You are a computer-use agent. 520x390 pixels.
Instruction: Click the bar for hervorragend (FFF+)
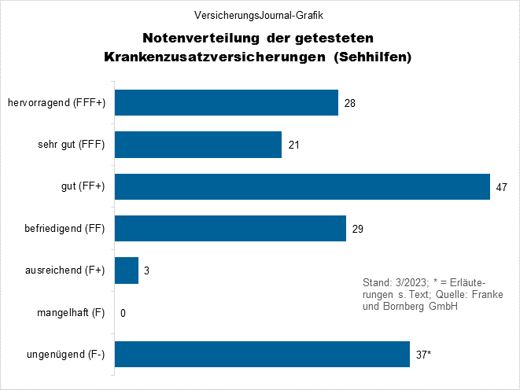[227, 102]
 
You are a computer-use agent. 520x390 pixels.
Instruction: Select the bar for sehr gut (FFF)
[198, 145]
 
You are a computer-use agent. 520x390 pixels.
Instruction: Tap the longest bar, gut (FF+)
[302, 186]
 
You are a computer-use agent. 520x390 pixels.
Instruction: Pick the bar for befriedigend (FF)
[230, 229]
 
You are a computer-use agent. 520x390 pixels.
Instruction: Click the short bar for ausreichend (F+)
[127, 270]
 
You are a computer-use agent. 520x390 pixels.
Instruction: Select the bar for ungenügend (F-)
[262, 355]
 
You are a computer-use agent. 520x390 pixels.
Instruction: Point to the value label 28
[350, 103]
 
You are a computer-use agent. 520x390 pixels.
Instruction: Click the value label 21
[293, 145]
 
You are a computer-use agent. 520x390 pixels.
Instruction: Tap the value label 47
[502, 187]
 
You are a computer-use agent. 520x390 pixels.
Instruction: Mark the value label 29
[358, 230]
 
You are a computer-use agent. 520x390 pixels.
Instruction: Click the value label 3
[147, 271]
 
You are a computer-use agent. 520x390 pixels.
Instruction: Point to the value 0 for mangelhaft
[124, 314]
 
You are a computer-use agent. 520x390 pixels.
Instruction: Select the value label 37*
[423, 355]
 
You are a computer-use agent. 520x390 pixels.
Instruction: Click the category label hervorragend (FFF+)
[56, 103]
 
